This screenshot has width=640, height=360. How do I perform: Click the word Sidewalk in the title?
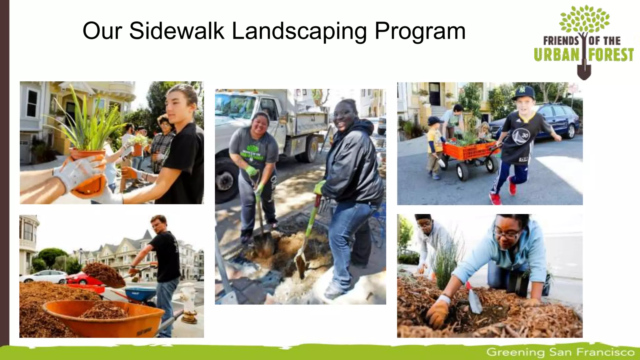[x=177, y=31]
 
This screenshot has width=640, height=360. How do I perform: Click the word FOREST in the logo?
[x=611, y=55]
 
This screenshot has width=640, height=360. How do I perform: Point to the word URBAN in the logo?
[x=557, y=55]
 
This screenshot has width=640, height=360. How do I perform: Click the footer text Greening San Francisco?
[x=560, y=352]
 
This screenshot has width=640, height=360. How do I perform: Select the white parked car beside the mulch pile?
[x=44, y=276]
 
